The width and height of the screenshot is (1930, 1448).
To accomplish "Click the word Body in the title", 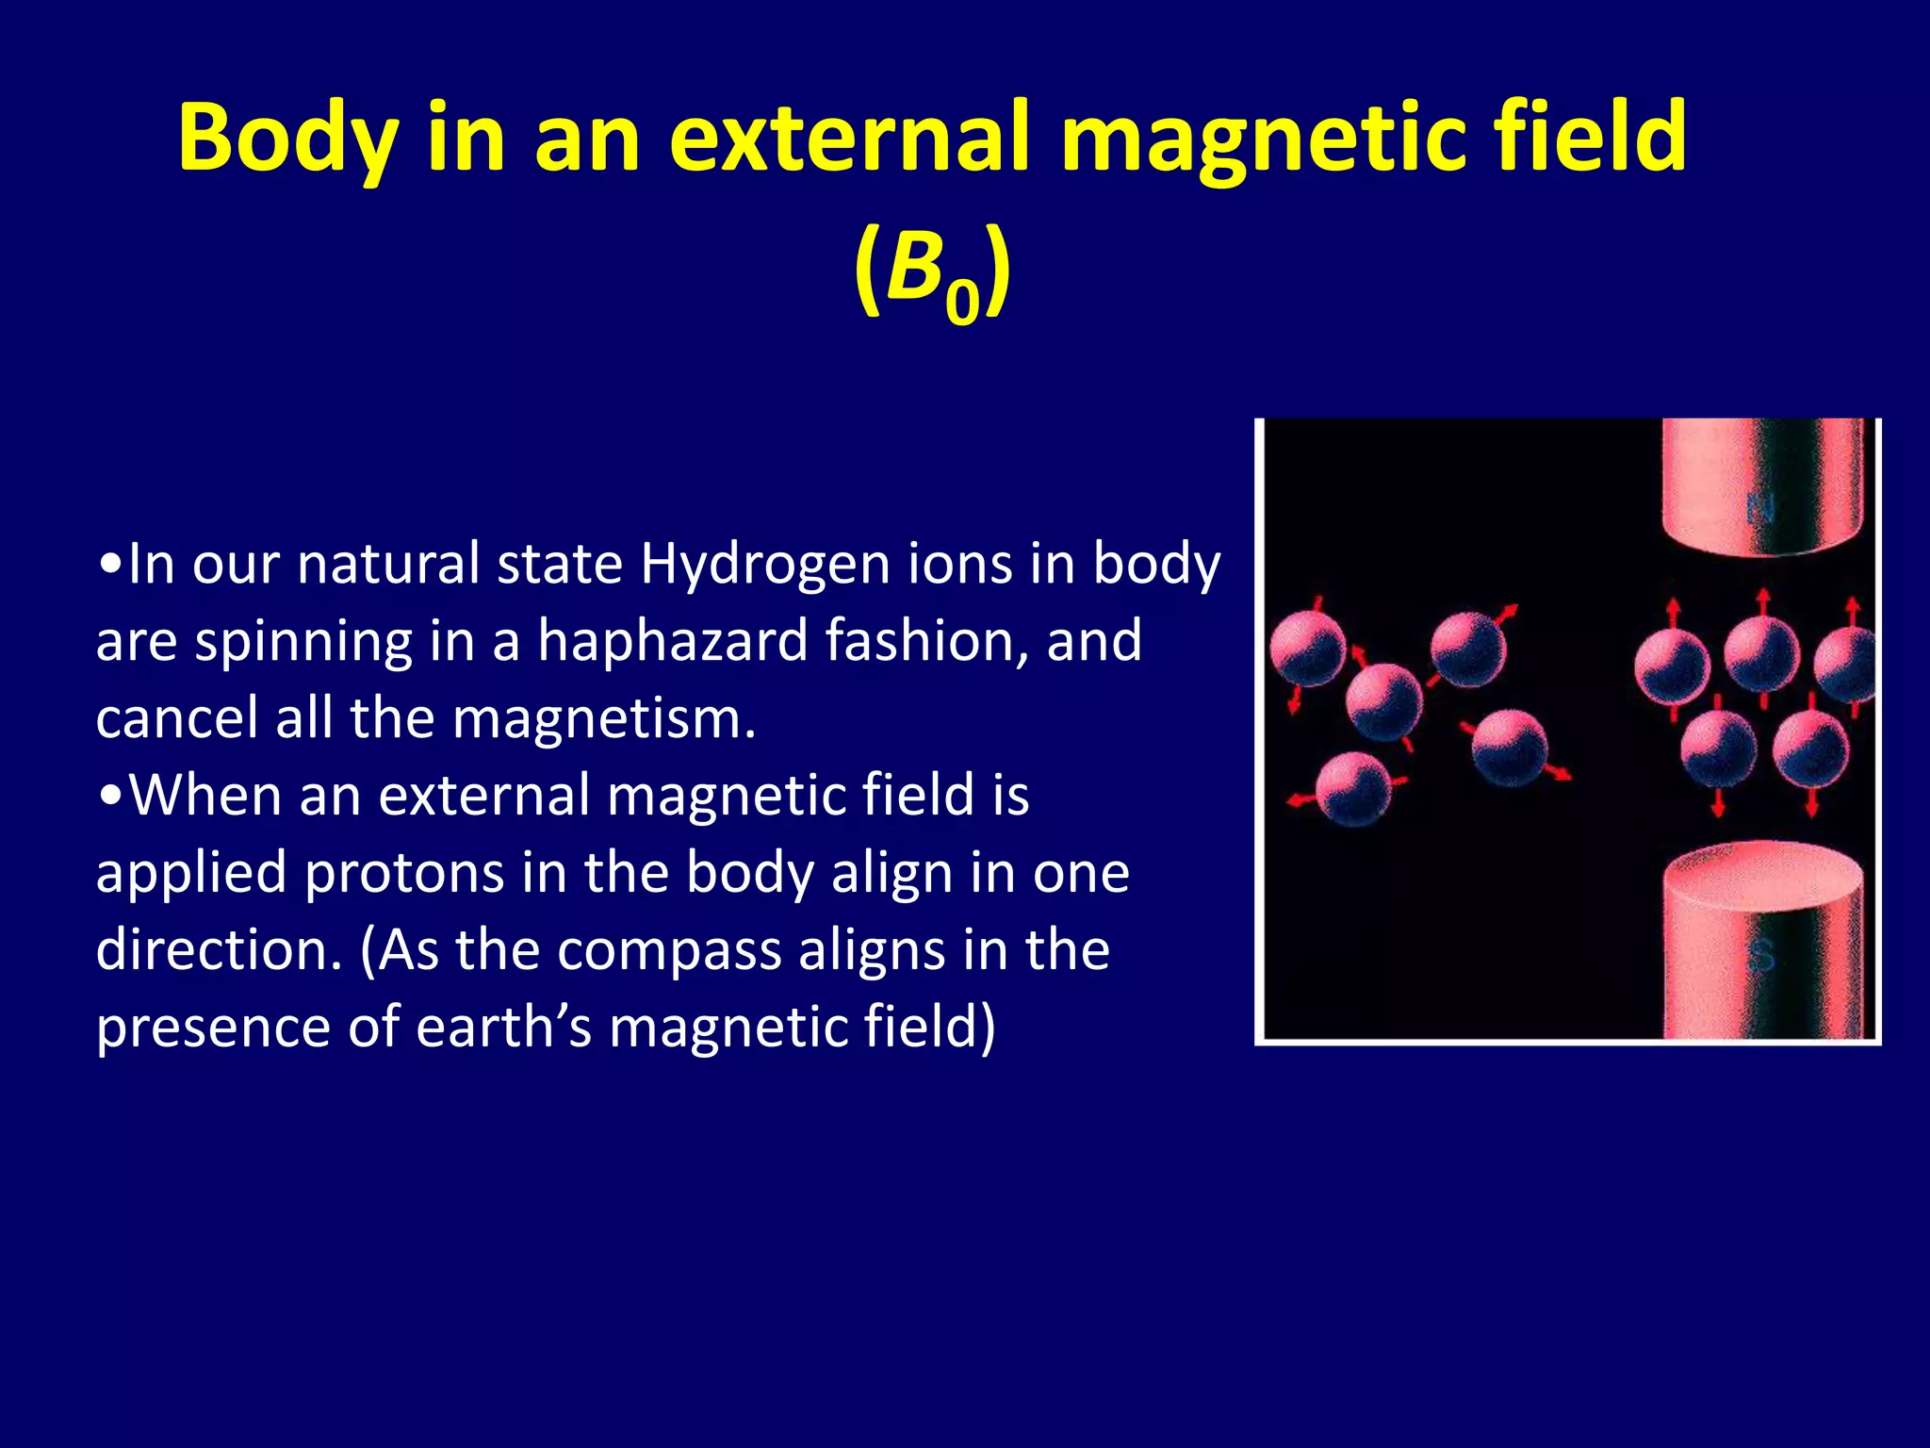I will coord(288,139).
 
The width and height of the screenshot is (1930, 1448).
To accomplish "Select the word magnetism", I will coord(603,718).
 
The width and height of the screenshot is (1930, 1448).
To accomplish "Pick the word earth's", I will coord(504,1027).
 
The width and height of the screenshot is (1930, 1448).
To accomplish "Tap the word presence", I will coord(213,1028).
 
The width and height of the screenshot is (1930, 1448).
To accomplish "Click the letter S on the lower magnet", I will coord(1760,954).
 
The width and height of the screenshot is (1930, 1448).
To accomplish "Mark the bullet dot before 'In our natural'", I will coord(111,566).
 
